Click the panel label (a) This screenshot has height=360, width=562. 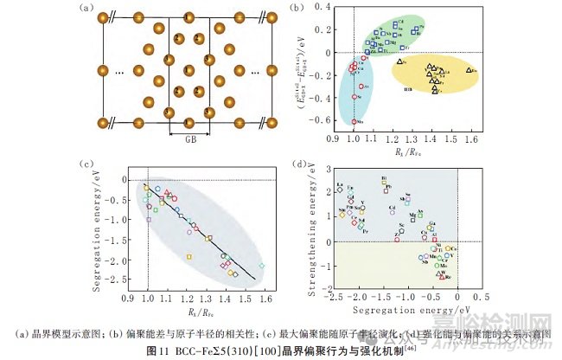[85, 10]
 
